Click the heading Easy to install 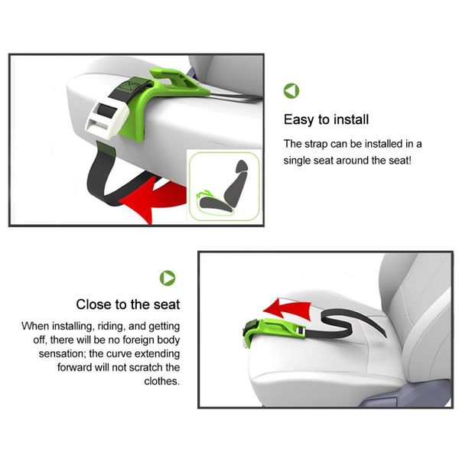326,119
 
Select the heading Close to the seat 128,304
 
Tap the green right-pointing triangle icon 168,277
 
